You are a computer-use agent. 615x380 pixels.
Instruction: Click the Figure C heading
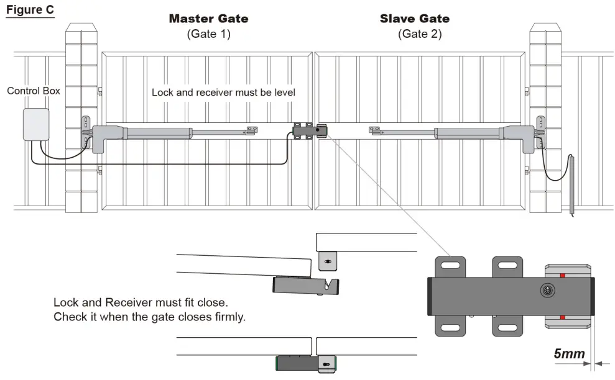30,11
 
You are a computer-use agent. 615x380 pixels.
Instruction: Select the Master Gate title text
208,19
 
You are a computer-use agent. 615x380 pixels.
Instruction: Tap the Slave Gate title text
415,19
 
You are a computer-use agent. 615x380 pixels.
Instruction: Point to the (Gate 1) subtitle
208,34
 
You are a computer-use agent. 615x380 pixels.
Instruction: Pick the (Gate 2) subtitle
420,34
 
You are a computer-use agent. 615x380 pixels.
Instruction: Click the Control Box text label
34,91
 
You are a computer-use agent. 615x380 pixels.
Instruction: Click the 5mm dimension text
569,355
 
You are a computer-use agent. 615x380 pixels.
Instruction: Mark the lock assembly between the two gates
309,130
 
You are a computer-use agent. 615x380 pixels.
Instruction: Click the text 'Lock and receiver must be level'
223,93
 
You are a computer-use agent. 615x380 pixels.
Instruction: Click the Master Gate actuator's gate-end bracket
251,130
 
